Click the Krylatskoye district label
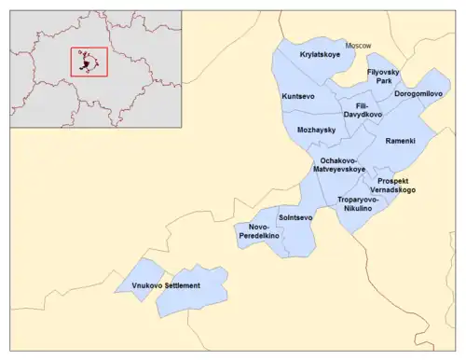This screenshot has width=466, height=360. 320,56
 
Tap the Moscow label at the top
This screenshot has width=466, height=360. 358,45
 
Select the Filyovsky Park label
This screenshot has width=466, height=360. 383,76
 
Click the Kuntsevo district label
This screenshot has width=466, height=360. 298,97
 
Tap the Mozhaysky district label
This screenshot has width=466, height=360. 317,130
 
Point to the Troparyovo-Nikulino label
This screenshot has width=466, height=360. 359,205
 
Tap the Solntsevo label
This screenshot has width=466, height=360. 295,217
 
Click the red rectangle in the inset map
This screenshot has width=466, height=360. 89,62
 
